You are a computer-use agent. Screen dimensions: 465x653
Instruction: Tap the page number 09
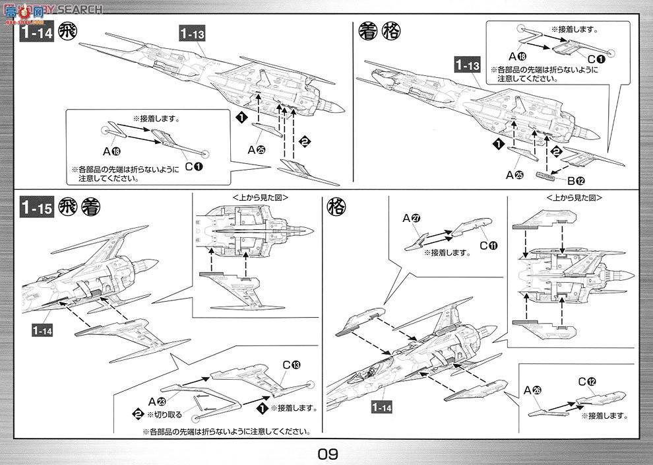(327, 454)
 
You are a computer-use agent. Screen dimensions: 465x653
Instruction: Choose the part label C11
(488, 246)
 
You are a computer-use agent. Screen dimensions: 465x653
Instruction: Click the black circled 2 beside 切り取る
(137, 414)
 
